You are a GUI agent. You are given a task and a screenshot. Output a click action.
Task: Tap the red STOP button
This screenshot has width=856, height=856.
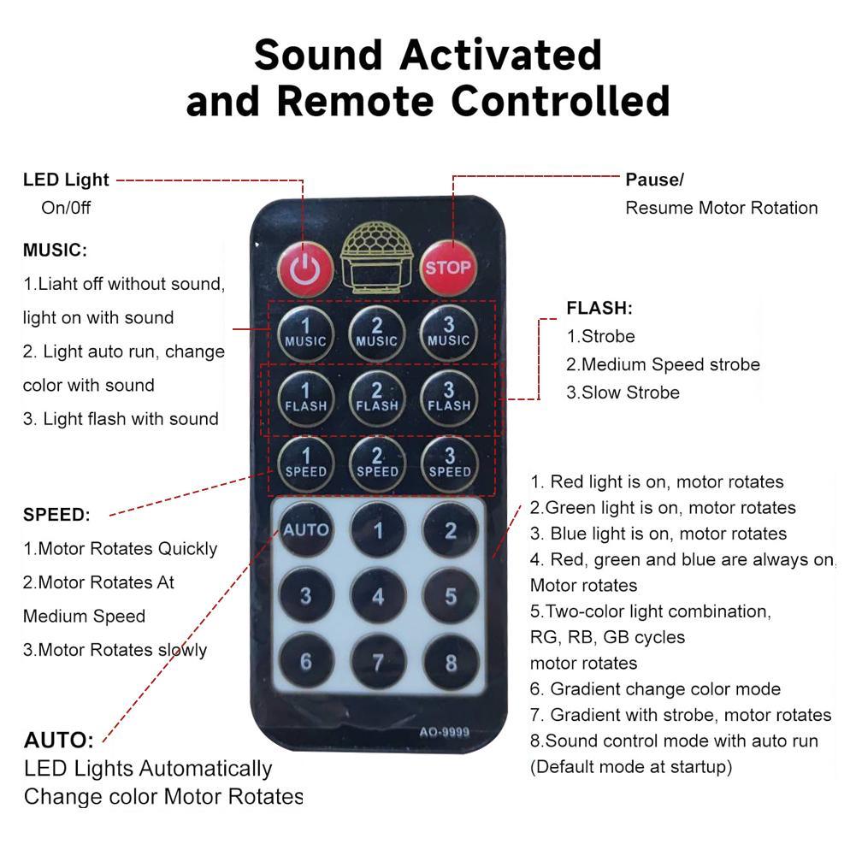[x=447, y=268]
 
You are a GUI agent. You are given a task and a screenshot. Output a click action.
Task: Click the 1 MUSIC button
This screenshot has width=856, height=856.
[x=306, y=333]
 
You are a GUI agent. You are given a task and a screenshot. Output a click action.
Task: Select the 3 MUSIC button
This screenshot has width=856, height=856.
[x=449, y=333]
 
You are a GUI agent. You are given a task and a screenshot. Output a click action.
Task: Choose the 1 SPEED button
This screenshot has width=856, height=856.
[x=306, y=463]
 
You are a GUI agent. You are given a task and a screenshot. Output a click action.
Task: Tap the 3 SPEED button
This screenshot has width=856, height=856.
[x=450, y=463]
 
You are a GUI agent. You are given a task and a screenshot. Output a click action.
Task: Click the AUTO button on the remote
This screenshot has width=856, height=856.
[x=306, y=529]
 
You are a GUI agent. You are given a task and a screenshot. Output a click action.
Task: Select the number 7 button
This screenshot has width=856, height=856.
[x=378, y=662]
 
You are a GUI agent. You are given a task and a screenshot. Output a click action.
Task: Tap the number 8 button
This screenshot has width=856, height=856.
[x=451, y=662]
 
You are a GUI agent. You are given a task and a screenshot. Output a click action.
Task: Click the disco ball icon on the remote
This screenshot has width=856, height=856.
[x=376, y=257]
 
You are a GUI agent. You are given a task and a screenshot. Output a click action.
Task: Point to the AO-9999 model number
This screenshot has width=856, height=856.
[x=445, y=731]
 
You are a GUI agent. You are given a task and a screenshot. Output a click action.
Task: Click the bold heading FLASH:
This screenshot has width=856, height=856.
[x=599, y=308]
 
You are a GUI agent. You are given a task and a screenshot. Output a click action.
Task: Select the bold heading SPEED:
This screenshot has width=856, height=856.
[x=56, y=515]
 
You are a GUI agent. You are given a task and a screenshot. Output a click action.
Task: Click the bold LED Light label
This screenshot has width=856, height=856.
[x=66, y=180]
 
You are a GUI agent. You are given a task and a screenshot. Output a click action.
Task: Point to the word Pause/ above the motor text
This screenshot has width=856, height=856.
[x=654, y=180]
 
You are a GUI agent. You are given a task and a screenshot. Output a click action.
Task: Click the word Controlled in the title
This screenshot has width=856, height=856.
[x=561, y=102]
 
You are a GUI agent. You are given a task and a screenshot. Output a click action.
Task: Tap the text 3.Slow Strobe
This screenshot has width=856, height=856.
[x=623, y=393]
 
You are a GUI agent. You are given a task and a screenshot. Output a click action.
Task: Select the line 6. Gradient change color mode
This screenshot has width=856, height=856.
[x=655, y=689]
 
